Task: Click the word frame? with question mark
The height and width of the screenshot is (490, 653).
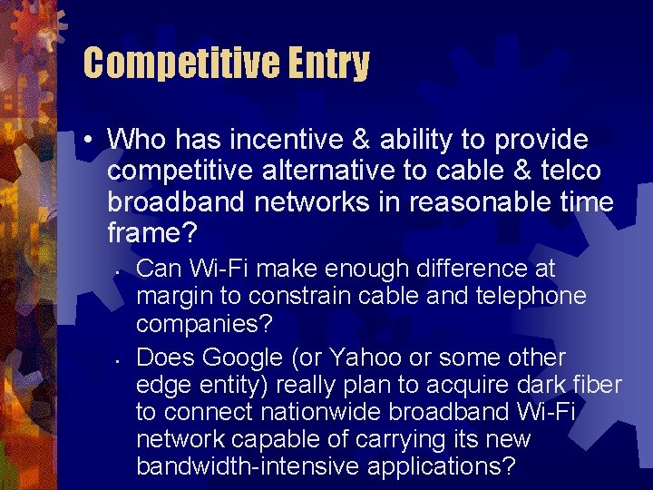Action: tap(151, 234)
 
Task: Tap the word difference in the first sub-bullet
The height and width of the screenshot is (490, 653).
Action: tap(467, 269)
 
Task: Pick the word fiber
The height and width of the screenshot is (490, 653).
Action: tap(593, 385)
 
